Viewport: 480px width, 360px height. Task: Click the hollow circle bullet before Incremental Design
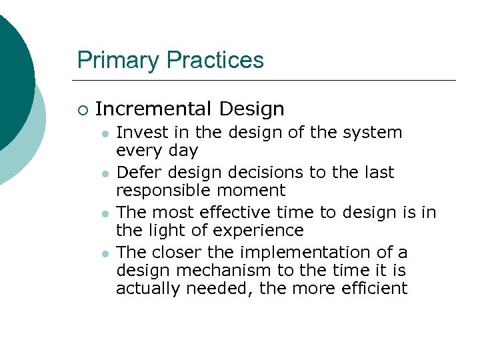click(82, 109)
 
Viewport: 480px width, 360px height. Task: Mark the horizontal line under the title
click(267, 81)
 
